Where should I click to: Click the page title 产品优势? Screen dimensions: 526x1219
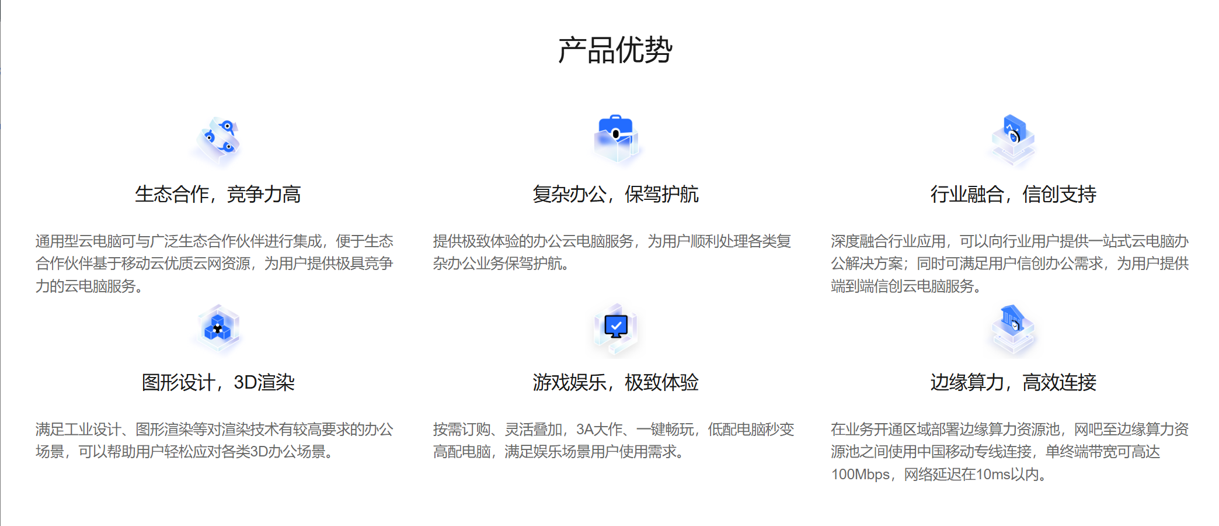(x=615, y=50)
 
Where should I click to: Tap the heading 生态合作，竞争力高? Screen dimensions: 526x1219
(x=218, y=194)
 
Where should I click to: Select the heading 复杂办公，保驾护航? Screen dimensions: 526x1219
(x=615, y=194)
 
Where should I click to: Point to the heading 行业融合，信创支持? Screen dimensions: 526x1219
(x=1013, y=194)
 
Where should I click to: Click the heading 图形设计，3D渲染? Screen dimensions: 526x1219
(x=218, y=382)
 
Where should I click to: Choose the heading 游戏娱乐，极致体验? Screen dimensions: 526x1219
(x=615, y=382)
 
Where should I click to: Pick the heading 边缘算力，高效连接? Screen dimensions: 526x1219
(x=1013, y=382)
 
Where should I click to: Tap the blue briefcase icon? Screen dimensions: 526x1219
(x=616, y=138)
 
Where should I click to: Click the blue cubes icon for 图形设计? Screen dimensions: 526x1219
(x=218, y=328)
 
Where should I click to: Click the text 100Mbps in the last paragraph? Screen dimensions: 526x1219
(x=860, y=475)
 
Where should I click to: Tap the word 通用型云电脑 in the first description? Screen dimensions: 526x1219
(x=78, y=241)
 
